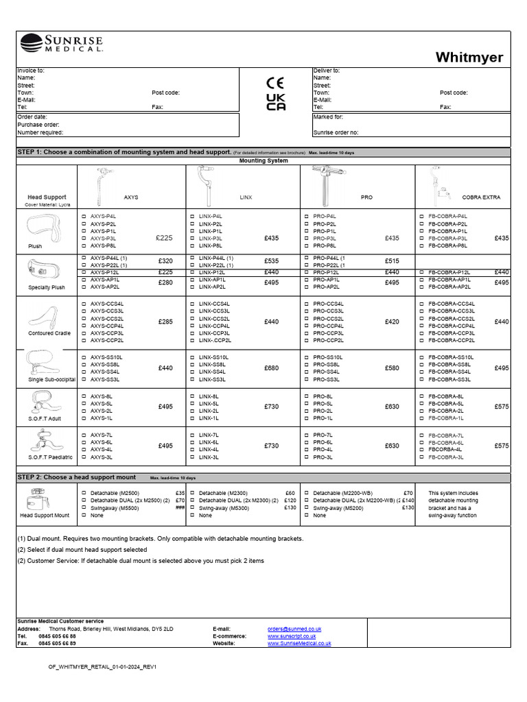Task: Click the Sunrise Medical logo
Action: click(x=62, y=44)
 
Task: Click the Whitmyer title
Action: click(x=469, y=58)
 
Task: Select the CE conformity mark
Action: click(x=275, y=83)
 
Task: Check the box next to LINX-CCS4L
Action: click(x=191, y=304)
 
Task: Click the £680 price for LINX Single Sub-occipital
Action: click(x=271, y=368)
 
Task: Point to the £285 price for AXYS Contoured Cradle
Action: click(x=165, y=322)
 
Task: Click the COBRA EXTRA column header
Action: click(x=481, y=197)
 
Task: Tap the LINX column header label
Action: click(x=245, y=197)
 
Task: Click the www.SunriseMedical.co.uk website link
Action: click(x=298, y=644)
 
